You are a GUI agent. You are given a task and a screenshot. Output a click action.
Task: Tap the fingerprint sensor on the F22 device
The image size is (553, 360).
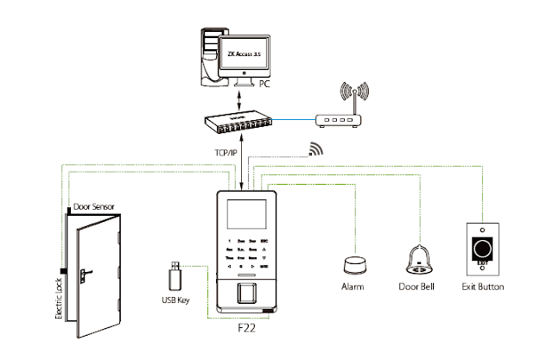(x=245, y=291)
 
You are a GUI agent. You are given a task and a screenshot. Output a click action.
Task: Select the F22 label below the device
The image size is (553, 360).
(x=247, y=329)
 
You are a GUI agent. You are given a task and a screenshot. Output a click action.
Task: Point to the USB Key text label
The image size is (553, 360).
(x=175, y=301)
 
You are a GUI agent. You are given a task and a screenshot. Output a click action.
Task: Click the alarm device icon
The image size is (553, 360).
(x=353, y=263)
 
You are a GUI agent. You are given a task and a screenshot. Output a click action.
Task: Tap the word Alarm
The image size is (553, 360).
(x=353, y=286)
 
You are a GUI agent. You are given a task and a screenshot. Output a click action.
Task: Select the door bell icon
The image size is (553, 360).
(x=417, y=259)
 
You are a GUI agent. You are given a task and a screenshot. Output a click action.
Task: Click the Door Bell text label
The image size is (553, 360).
(x=418, y=286)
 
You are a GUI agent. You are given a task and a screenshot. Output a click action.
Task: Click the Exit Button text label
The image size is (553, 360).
(x=484, y=286)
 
